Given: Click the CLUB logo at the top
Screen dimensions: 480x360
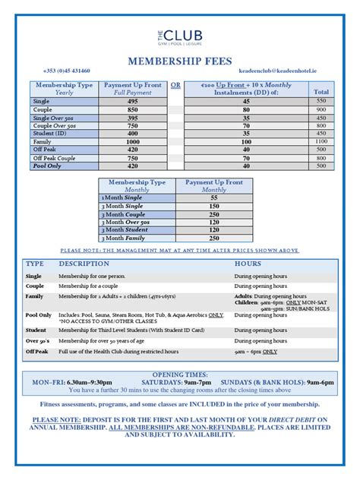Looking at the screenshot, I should [178, 30].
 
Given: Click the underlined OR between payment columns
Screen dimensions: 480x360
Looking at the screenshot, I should [175, 84].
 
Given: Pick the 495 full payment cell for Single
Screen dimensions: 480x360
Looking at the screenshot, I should [133, 100].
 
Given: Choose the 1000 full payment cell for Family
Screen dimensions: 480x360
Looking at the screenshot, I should [133, 141].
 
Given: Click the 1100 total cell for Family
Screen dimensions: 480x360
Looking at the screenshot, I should [321, 141].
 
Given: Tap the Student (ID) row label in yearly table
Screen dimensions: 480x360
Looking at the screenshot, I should [49, 133].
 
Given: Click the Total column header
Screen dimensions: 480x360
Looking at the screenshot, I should [321, 92].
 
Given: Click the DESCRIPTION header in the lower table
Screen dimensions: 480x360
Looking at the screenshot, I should [79, 263].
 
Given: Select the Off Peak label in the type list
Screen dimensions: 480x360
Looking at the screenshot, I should [36, 352].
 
